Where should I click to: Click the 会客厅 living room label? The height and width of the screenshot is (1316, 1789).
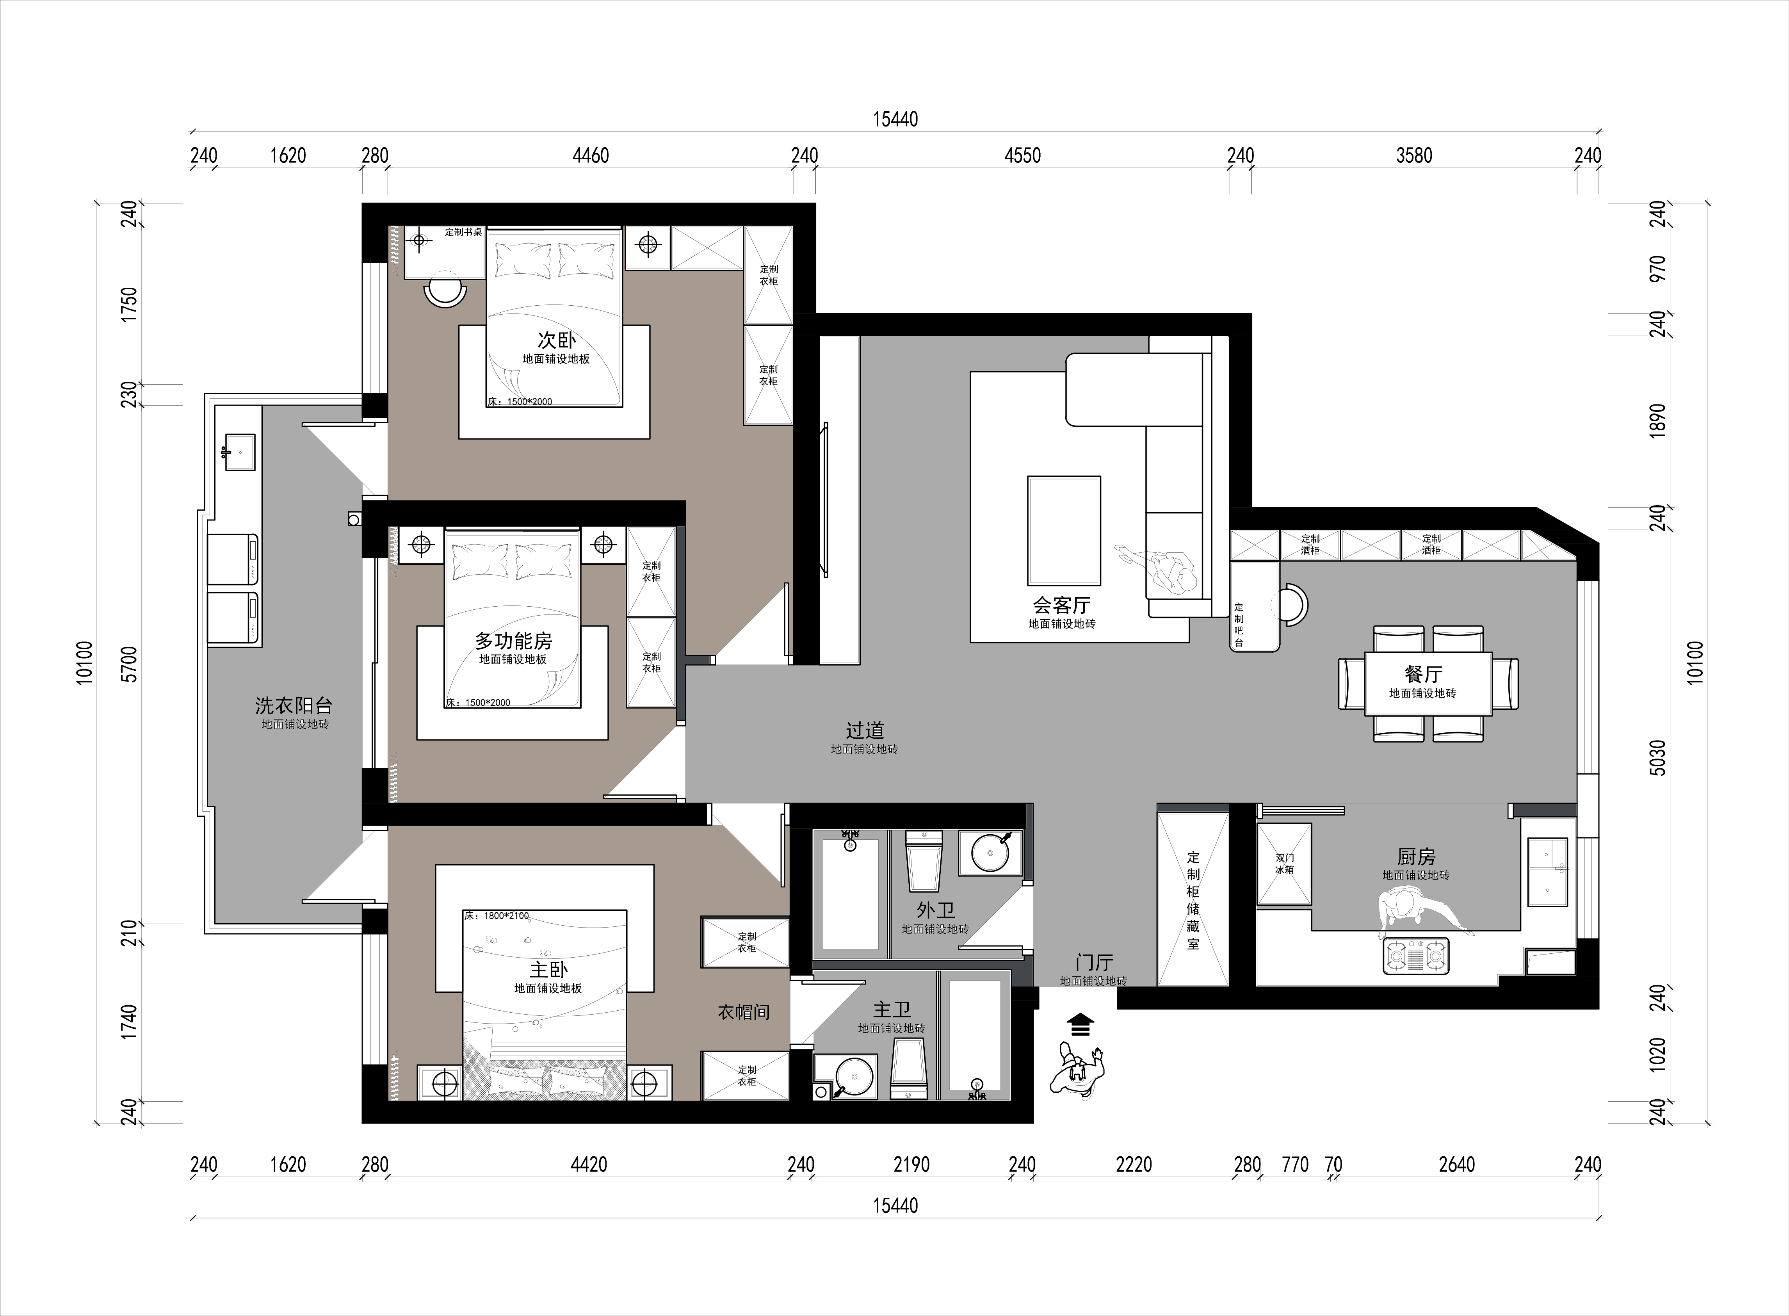point(1062,605)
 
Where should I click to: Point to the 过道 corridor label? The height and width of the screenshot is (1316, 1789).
point(864,730)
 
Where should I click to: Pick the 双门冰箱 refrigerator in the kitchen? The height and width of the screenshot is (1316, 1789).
point(1284,864)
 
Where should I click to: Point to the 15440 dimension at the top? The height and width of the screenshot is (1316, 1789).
point(895,119)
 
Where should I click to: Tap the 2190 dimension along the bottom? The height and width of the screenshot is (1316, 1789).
point(911,1165)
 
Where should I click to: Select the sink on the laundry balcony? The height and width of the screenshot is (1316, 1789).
point(240,452)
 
